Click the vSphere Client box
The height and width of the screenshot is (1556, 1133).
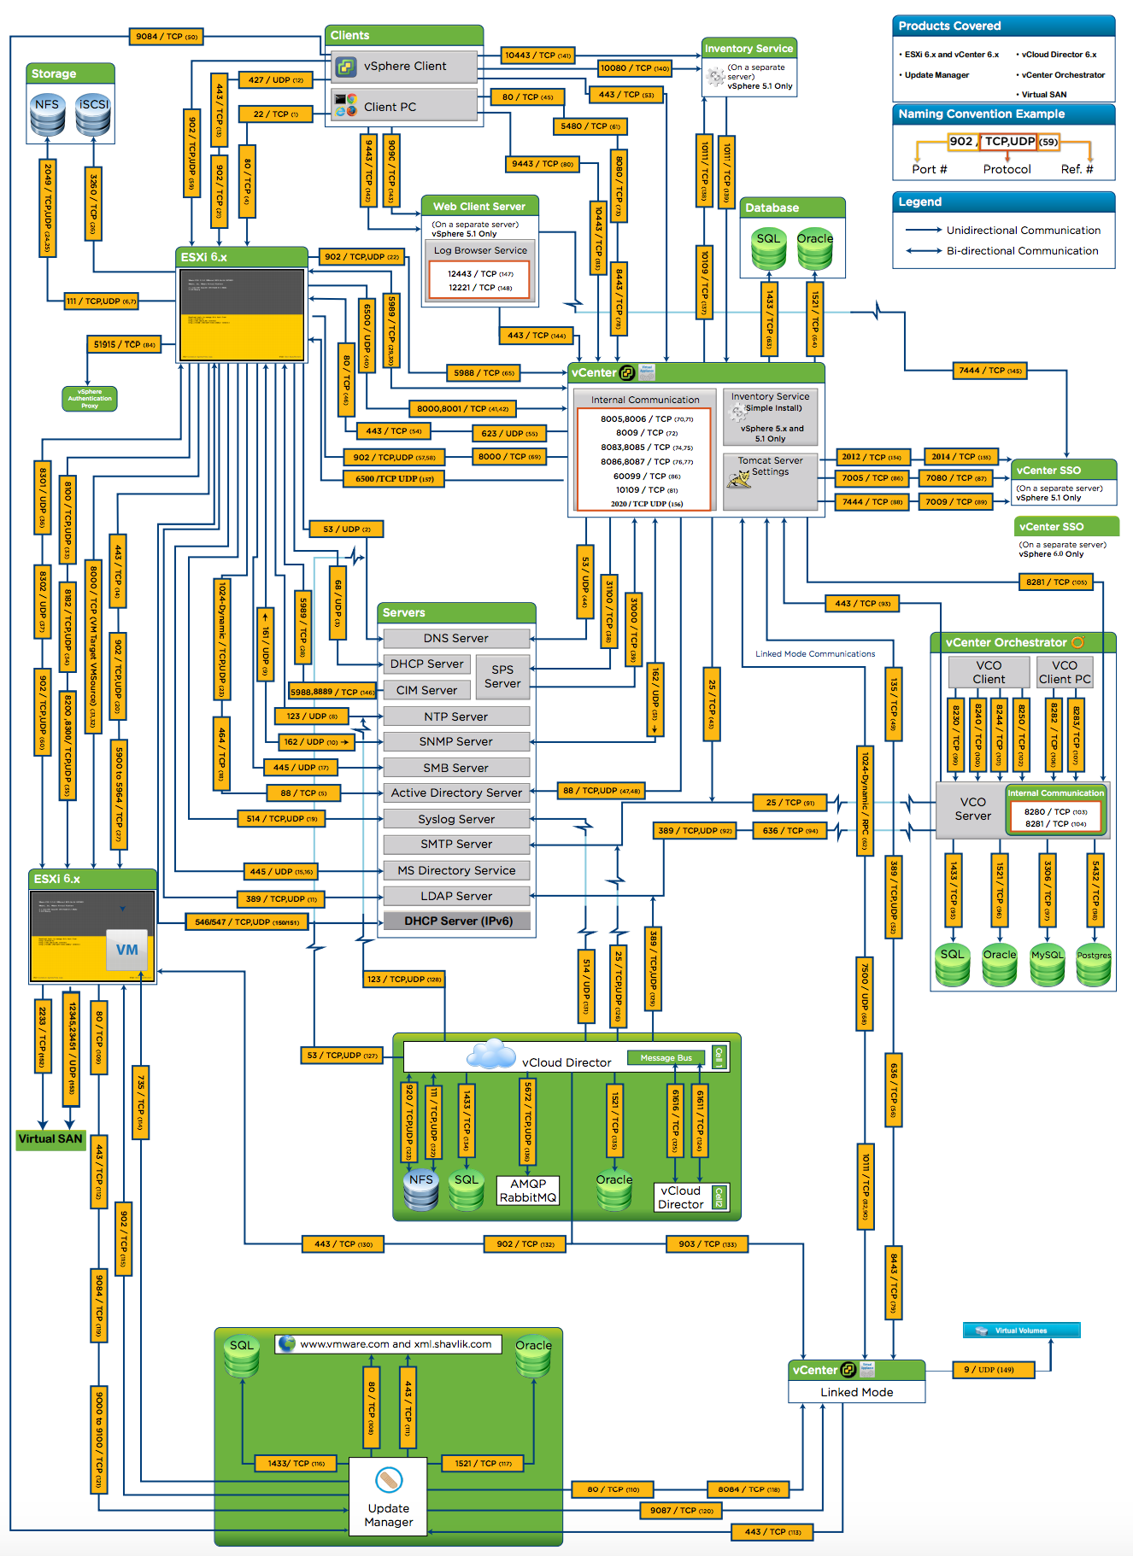click(404, 67)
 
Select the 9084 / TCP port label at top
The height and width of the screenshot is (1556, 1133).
click(167, 37)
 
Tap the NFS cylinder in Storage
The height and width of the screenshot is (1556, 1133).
click(47, 115)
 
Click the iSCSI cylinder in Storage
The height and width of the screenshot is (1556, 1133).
click(93, 115)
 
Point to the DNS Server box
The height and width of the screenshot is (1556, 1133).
click(456, 639)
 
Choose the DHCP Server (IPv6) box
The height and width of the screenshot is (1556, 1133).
click(457, 921)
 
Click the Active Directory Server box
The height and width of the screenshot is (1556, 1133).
click(456, 793)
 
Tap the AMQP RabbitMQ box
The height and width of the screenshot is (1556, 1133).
click(528, 1190)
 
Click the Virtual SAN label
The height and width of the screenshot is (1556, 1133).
click(50, 1139)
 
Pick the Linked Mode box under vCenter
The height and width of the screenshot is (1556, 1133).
click(856, 1392)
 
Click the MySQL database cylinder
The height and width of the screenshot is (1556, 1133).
click(1047, 966)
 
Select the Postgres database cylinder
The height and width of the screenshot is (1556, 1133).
click(1093, 966)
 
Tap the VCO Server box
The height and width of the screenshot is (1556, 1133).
click(972, 809)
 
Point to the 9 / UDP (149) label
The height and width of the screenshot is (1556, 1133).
click(993, 1370)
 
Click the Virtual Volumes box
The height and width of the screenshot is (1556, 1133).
click(1021, 1331)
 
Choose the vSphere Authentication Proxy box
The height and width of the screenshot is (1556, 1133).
click(90, 399)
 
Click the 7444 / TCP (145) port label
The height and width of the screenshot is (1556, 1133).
click(989, 371)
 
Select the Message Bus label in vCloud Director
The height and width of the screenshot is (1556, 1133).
click(666, 1058)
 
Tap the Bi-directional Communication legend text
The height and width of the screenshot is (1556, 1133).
click(1022, 251)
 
